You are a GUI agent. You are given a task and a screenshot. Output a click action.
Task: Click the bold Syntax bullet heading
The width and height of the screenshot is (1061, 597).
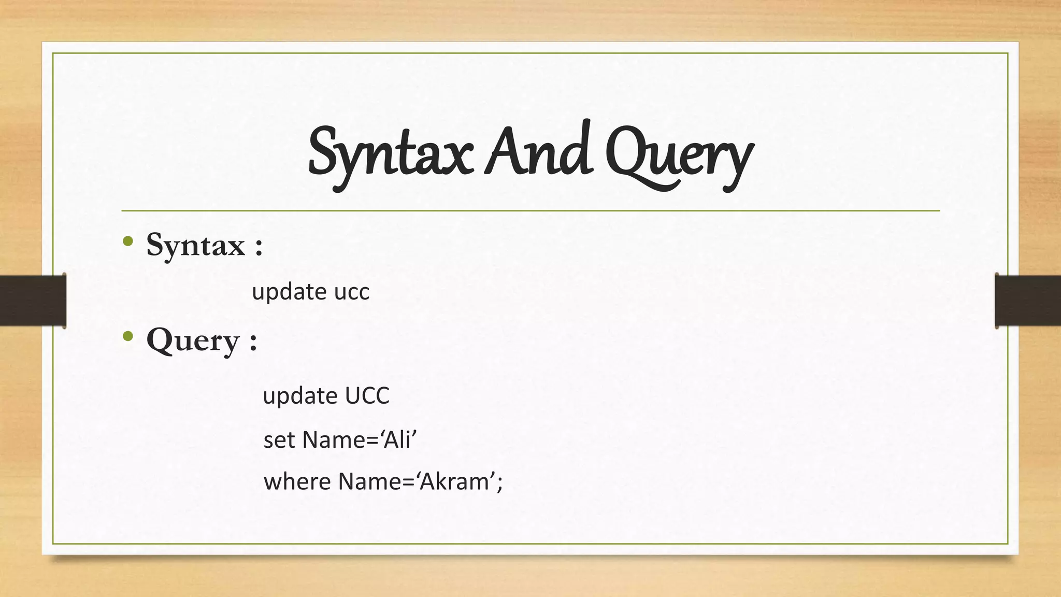195,245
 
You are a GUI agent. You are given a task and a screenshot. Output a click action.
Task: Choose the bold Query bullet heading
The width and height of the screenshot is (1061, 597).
193,341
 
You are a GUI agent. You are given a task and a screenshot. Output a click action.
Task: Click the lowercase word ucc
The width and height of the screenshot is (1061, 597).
352,292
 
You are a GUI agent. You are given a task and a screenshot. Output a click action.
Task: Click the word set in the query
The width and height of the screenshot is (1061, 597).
280,440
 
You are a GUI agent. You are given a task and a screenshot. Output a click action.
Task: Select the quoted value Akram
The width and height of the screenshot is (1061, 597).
454,481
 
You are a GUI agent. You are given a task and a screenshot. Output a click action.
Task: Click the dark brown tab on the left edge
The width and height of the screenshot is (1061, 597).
33,301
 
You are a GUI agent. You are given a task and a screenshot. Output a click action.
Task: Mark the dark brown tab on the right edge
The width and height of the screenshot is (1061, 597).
1028,301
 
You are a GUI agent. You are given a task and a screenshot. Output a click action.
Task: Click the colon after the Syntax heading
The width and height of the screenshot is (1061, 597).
259,247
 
